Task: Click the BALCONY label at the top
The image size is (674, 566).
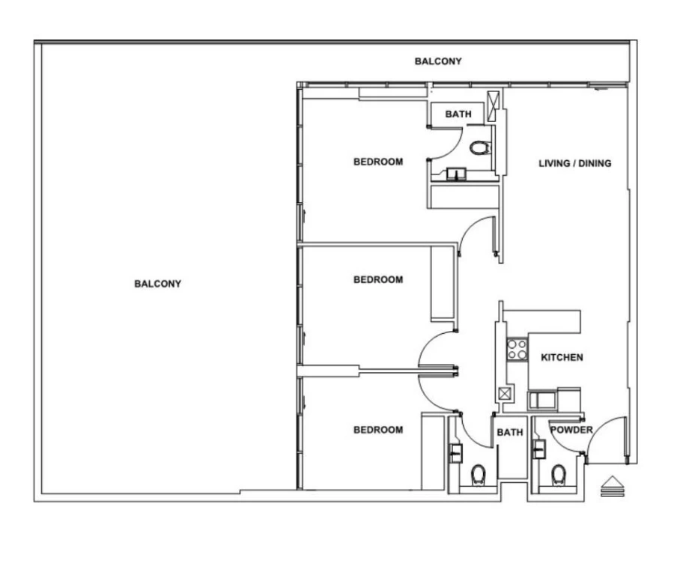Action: point(438,61)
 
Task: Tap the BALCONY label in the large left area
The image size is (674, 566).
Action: point(157,284)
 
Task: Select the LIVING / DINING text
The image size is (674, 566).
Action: point(574,163)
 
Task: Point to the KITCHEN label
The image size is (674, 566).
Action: point(562,358)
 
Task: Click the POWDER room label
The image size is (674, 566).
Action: point(571,430)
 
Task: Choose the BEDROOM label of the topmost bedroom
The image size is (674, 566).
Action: point(378,162)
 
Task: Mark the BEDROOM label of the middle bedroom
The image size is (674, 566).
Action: point(378,280)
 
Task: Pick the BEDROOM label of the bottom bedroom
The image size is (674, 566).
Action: point(378,430)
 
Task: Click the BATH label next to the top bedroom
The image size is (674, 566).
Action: point(458,115)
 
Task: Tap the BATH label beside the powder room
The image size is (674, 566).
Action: point(509,433)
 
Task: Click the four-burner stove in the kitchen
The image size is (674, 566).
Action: point(516,349)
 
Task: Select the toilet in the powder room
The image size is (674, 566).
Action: point(558,475)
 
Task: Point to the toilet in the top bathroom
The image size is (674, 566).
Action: point(479,147)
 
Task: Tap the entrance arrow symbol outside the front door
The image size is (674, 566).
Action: point(612,487)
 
